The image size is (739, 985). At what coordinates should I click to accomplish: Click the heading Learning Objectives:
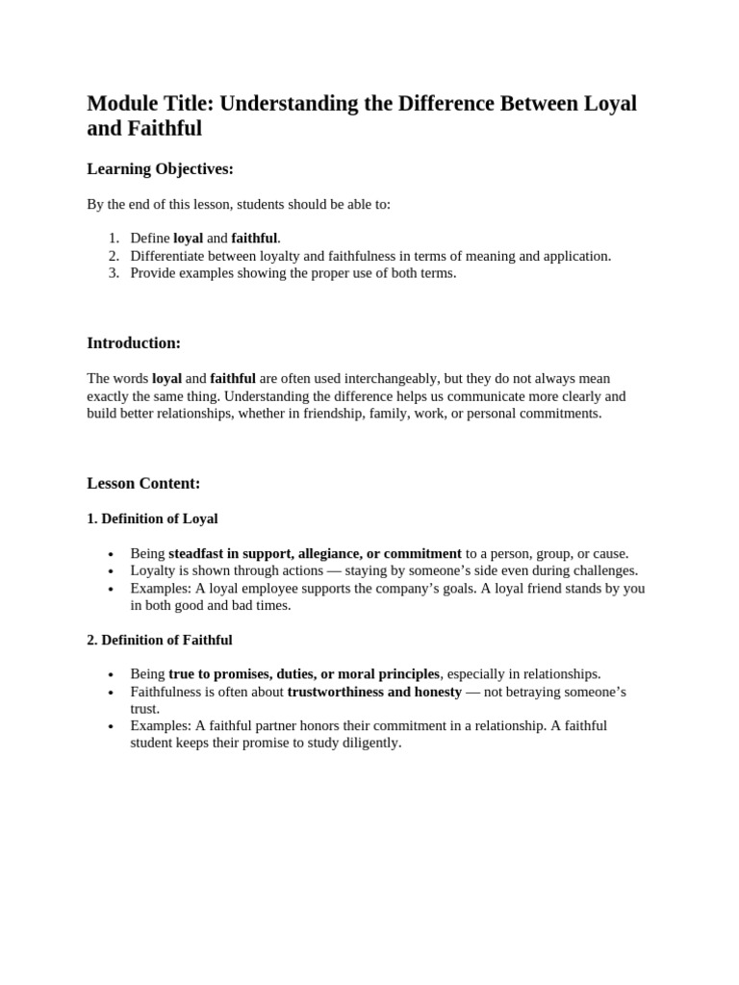coord(160,169)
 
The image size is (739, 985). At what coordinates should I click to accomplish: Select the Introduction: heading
coord(134,343)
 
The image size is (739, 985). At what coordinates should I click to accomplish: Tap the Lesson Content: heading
coord(143,484)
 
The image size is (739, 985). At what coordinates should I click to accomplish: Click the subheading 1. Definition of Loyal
coord(152,519)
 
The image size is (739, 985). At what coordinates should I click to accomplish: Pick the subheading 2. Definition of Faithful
coord(159,640)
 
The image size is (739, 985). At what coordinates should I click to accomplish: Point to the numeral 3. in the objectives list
coord(114,273)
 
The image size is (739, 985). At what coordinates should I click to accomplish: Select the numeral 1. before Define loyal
coord(114,239)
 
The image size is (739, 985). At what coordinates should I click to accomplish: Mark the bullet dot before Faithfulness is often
coord(112,693)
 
